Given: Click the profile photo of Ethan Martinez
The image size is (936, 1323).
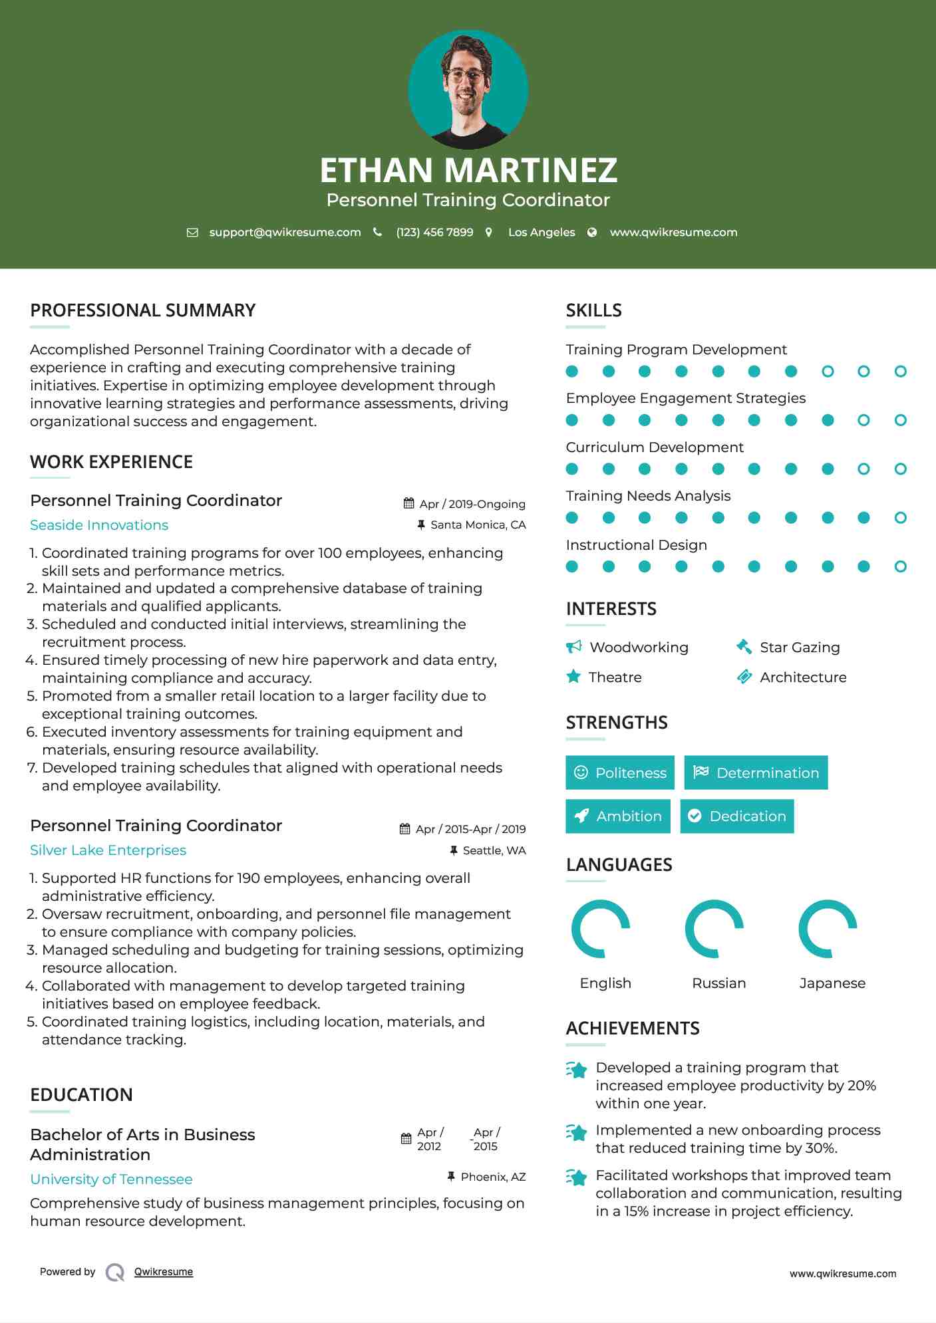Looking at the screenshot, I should pyautogui.click(x=468, y=89).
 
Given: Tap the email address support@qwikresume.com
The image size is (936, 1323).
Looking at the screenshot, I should pyautogui.click(x=285, y=232).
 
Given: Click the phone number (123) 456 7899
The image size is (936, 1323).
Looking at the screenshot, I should pyautogui.click(x=434, y=232).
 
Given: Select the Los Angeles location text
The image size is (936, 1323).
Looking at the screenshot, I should pyautogui.click(x=541, y=232).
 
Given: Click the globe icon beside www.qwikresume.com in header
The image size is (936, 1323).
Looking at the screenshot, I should pyautogui.click(x=592, y=232).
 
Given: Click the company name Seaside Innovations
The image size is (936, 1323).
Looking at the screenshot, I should pyautogui.click(x=99, y=525).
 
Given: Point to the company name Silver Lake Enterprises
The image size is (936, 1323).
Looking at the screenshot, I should pyautogui.click(x=108, y=850).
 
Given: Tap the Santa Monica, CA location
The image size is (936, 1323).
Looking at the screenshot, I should pyautogui.click(x=478, y=525).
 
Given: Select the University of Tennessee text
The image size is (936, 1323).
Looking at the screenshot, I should pyautogui.click(x=111, y=1179).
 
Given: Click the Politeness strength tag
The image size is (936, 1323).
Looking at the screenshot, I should pyautogui.click(x=620, y=773).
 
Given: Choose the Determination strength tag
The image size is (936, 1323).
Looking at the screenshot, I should pyautogui.click(x=756, y=773).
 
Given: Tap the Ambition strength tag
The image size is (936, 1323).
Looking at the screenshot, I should pyautogui.click(x=618, y=816).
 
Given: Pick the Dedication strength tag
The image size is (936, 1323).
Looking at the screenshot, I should pyautogui.click(x=737, y=816).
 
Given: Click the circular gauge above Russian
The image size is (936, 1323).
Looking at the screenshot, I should pyautogui.click(x=714, y=929).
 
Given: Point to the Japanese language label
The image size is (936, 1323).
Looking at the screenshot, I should pyautogui.click(x=832, y=983).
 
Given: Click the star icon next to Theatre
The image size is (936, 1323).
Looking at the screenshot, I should pyautogui.click(x=573, y=677).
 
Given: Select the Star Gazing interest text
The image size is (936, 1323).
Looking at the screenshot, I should pyautogui.click(x=800, y=648).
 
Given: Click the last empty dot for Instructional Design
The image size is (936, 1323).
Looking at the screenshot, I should pyautogui.click(x=900, y=566).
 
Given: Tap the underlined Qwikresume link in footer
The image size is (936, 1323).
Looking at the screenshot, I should pyautogui.click(x=164, y=1272).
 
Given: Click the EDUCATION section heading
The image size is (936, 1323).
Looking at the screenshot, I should pyautogui.click(x=81, y=1095).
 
